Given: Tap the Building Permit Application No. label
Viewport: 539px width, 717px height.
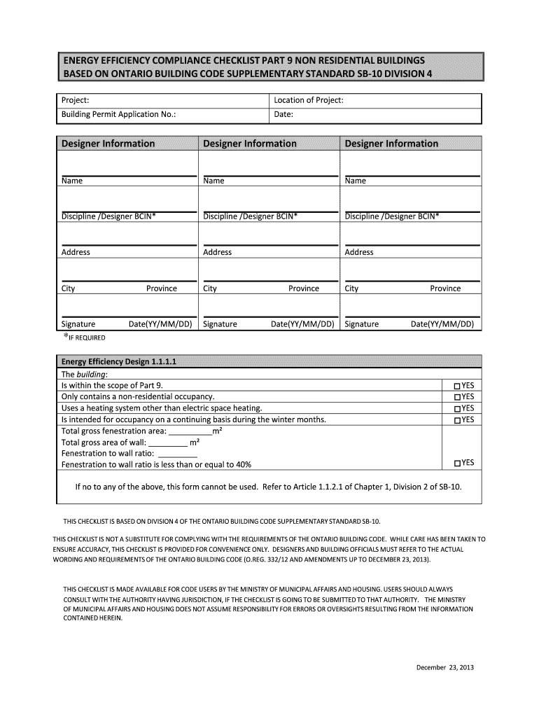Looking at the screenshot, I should (x=118, y=114).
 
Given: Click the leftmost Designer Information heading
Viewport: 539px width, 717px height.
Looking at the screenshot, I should (x=108, y=144).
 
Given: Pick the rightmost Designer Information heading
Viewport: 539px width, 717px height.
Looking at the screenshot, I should (x=391, y=144).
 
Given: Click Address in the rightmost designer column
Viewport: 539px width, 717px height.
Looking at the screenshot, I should (x=359, y=252).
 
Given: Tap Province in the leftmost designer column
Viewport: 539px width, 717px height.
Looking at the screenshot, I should (x=162, y=288).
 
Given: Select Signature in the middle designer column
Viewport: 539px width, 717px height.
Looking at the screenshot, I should (x=220, y=324).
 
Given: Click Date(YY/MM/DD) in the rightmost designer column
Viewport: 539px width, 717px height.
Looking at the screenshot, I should (x=442, y=324).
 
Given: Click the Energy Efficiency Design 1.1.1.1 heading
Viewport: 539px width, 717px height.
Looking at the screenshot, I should (x=119, y=362).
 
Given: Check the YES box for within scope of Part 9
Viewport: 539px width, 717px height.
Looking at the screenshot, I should (x=457, y=386).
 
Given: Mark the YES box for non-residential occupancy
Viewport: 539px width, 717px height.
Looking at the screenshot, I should (x=457, y=397).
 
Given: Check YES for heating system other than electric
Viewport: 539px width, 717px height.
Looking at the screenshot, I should (x=457, y=408).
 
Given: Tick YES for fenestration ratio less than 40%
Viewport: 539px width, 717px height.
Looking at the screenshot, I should (x=457, y=463).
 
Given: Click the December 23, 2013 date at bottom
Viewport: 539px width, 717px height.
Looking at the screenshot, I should (x=445, y=667).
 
